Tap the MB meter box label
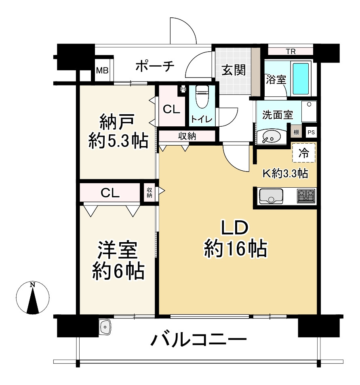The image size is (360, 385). click(102, 70)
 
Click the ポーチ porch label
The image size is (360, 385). click(154, 66)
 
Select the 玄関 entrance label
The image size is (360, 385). click(233, 70)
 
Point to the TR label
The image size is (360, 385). click(290, 51)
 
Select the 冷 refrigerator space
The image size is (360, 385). click(304, 153)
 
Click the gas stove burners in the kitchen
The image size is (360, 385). click(306, 196)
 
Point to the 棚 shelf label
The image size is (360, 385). click(297, 132)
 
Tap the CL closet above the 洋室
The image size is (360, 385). click(110, 193)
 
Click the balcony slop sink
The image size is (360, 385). click(105, 326)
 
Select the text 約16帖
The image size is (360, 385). click(235, 249)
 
